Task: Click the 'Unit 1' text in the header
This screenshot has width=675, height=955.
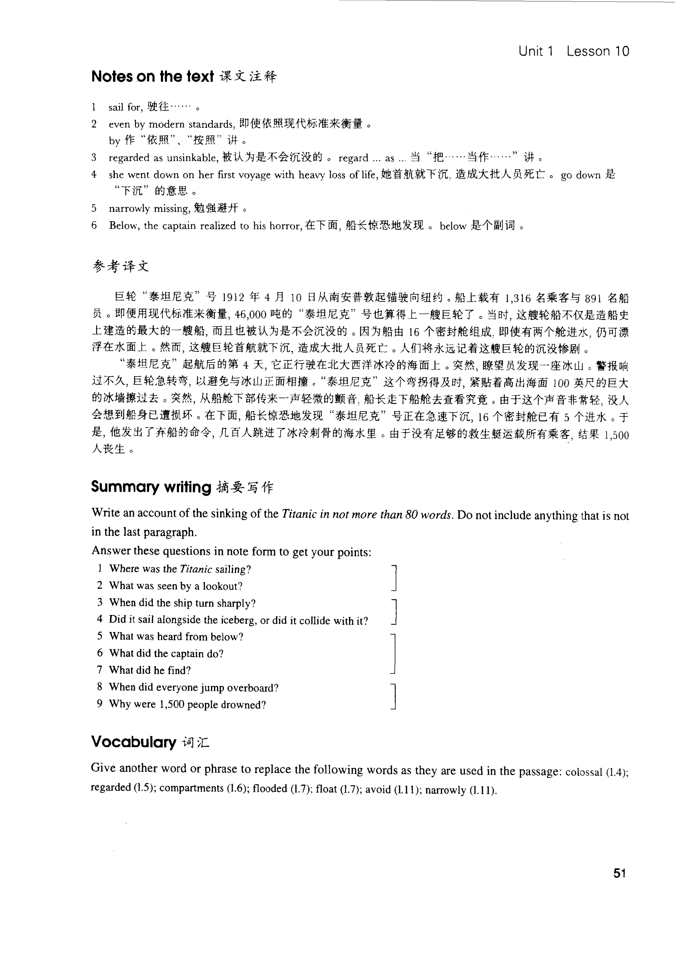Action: (x=536, y=51)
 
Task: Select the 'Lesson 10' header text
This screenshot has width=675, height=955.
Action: (x=598, y=51)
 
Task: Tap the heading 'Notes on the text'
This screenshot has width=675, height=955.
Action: (x=152, y=76)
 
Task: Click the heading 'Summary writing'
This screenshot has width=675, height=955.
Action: (x=151, y=487)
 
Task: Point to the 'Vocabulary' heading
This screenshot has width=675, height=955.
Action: (x=133, y=742)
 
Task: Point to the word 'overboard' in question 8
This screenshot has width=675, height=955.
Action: (x=257, y=688)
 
